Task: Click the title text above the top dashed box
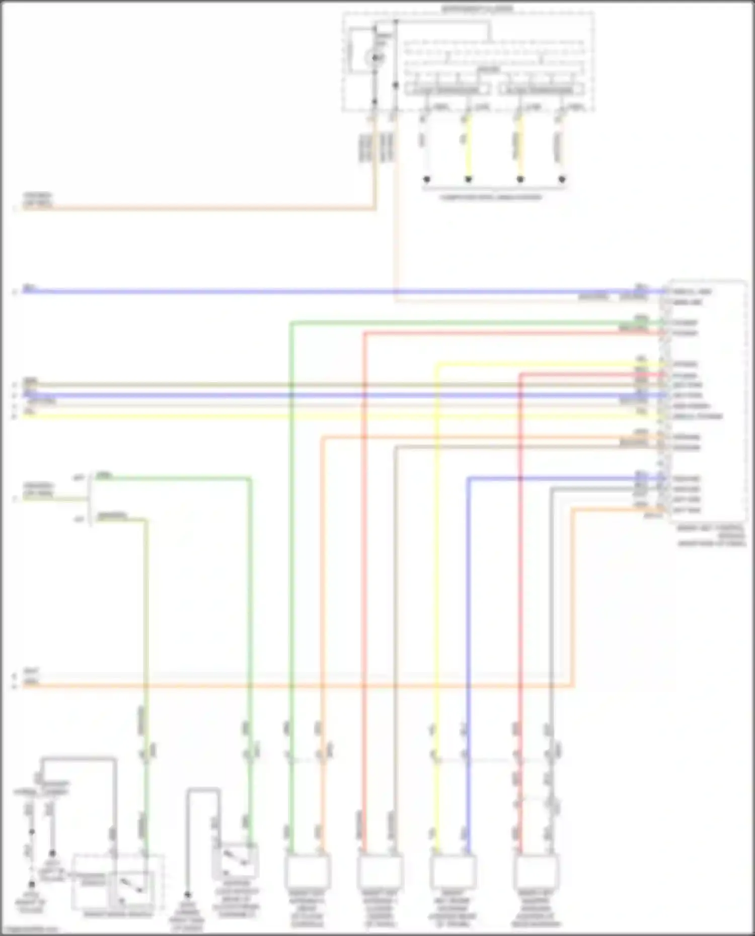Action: coord(477,9)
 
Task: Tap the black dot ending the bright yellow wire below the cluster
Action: coord(468,179)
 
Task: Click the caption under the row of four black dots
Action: coord(491,197)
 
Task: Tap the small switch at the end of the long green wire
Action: coord(240,860)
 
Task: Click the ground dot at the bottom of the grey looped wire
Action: coord(187,895)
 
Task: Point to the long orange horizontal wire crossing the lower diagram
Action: coord(302,685)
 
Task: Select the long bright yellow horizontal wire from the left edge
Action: coord(302,416)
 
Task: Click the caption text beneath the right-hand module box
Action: coord(711,536)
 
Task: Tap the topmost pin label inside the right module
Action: coord(692,292)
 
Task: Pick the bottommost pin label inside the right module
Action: coord(687,510)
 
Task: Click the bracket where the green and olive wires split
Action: coord(91,498)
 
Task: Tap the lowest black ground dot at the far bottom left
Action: coord(31,884)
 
